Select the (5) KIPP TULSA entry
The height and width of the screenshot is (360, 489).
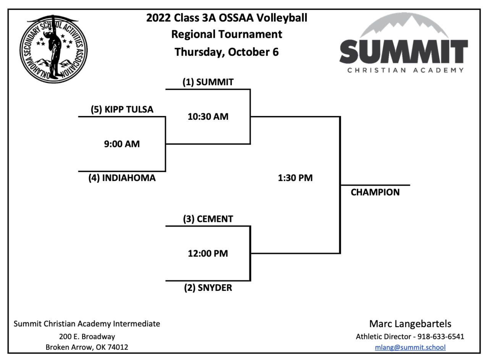pos(122,110)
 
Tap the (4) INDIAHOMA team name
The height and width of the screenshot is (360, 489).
pos(122,178)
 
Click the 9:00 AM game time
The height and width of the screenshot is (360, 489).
pos(122,144)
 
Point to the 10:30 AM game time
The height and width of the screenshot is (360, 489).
pos(208,117)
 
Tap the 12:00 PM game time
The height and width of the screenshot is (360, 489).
pos(208,253)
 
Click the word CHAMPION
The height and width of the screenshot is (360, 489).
pos(375,192)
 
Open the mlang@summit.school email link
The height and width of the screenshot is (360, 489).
pos(410,347)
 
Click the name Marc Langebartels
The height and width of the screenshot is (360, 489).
pos(410,324)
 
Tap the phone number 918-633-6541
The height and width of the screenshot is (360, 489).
pos(440,337)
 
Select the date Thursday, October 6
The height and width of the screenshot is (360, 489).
pos(227,52)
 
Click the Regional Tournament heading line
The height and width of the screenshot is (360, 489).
pos(227,34)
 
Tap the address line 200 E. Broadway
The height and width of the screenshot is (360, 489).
pos(87,337)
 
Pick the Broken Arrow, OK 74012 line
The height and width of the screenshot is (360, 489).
pos(87,347)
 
